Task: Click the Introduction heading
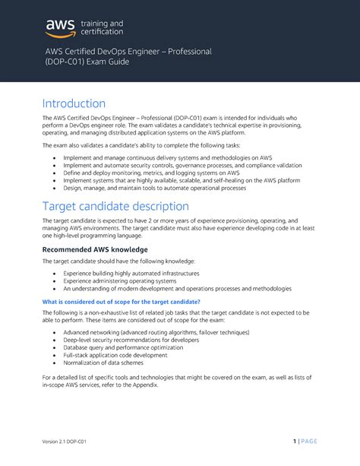pos(74,103)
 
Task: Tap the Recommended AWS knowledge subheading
pos(94,249)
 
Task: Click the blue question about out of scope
pos(121,301)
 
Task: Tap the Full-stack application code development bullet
pos(115,354)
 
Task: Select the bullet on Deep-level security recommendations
pos(132,340)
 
